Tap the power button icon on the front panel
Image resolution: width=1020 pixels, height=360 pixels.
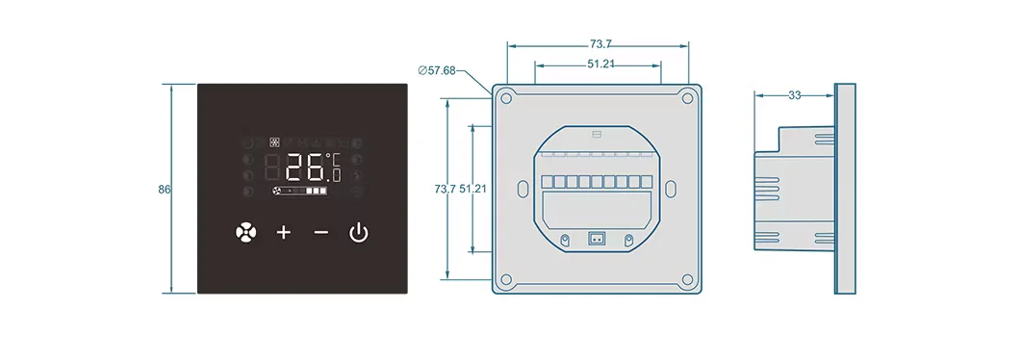[x=359, y=232]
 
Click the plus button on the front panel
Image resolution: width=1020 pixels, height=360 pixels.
[x=284, y=232]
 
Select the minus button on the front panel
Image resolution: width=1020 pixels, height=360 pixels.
[x=321, y=232]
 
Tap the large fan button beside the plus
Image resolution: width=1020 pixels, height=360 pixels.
[x=246, y=232]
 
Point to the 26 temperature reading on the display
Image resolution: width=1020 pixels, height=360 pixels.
[x=306, y=167]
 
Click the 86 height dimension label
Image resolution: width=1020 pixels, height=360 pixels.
[x=164, y=190]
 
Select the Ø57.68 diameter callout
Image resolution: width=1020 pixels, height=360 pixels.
[x=437, y=70]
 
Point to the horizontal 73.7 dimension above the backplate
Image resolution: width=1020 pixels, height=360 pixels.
[x=600, y=44]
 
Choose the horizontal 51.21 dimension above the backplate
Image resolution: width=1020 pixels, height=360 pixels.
[x=601, y=64]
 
